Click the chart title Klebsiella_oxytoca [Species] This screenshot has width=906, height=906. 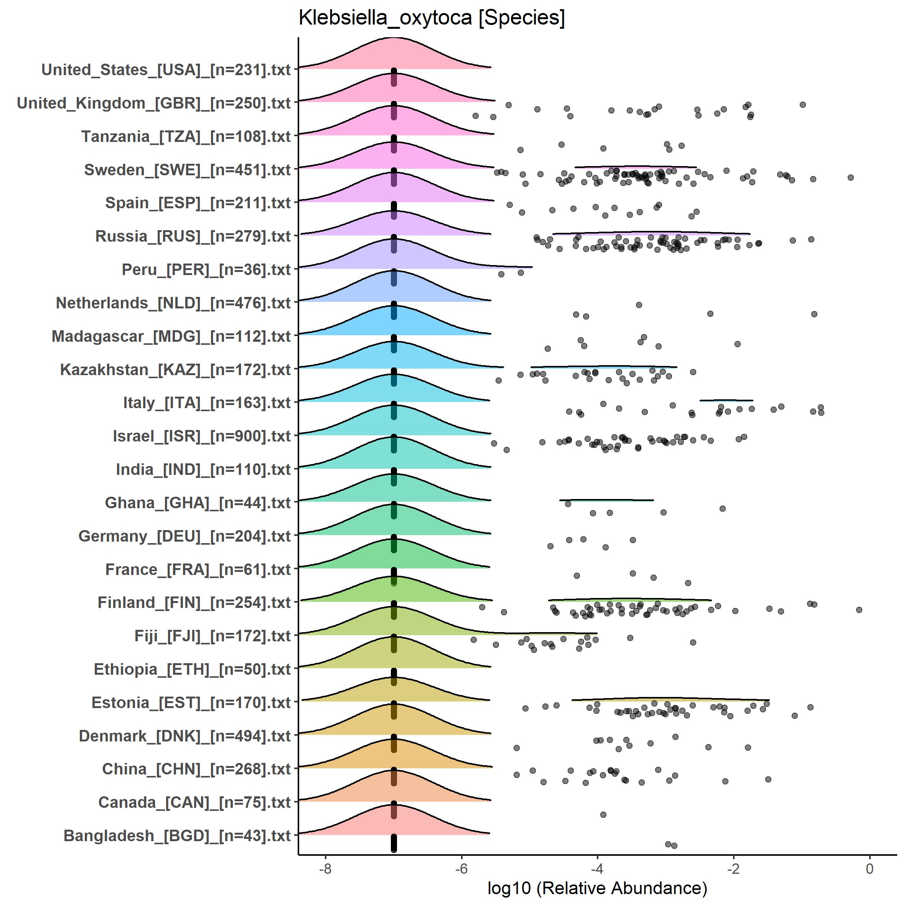432,18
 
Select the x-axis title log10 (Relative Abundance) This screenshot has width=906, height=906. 597,888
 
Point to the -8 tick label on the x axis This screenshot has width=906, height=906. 325,868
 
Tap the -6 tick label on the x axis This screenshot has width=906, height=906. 461,868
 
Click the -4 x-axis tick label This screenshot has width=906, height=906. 597,868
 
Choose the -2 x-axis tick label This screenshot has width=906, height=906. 733,868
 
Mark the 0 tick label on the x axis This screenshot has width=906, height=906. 870,868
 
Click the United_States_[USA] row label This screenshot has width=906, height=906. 166,69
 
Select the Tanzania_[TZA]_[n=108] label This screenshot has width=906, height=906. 186,137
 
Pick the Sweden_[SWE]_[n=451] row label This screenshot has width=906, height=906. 187,170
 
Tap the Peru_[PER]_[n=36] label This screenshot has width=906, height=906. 206,270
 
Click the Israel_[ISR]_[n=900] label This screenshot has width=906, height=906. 202,436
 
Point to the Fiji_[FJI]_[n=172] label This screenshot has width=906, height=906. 212,636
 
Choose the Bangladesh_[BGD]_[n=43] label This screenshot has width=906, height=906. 177,836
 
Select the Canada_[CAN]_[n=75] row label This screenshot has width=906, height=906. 194,802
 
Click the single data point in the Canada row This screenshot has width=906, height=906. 603,815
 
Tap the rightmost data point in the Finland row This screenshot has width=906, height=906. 859,609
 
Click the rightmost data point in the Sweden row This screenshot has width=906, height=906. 851,177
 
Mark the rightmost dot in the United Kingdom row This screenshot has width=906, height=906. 803,105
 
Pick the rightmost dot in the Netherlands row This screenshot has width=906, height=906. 814,314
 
